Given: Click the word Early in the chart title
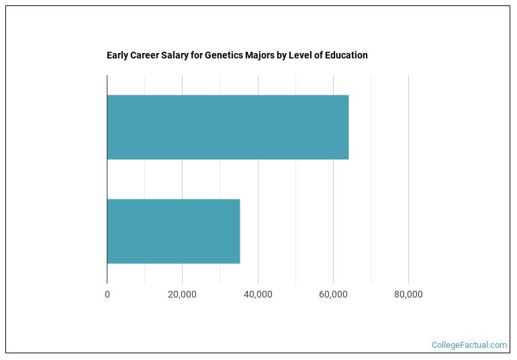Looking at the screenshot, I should point(117,56).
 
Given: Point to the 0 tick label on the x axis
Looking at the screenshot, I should point(107,294).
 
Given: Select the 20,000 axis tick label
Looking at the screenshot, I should point(183,294).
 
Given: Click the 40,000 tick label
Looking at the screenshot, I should point(258,294).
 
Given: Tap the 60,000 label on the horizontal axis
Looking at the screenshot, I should point(333,294).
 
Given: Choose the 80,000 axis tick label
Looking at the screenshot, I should point(408,294).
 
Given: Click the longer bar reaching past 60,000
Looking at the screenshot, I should point(228,128).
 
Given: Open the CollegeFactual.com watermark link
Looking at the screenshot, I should point(469,345).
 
